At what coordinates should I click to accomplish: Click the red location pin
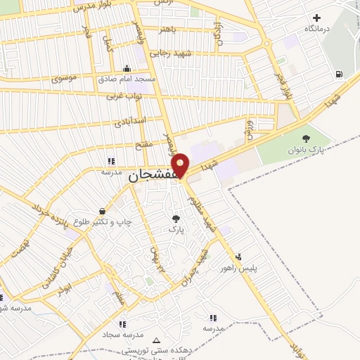(x=181, y=165)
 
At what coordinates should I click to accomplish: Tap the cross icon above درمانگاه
(x=316, y=18)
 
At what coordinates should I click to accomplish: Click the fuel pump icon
(x=340, y=74)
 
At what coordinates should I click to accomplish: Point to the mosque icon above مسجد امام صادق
(x=126, y=68)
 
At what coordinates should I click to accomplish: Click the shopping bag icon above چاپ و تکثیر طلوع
(x=103, y=210)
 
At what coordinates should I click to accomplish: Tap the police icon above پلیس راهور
(x=239, y=257)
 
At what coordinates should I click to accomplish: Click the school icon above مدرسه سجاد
(x=122, y=324)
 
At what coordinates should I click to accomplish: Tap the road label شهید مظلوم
(x=201, y=212)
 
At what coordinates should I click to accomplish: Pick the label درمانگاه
(x=316, y=29)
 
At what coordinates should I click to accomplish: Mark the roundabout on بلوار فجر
(x=266, y=43)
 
